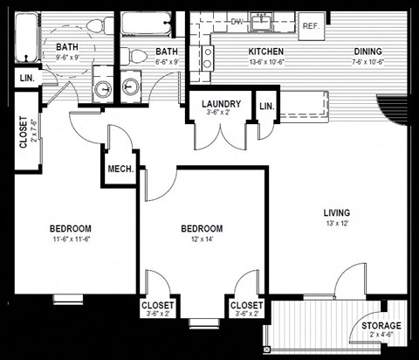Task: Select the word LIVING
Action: [336, 212]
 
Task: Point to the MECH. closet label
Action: [120, 169]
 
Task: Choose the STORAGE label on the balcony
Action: [382, 326]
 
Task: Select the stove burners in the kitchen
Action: [208, 58]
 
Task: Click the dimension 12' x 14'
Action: [202, 239]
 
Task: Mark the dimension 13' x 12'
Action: [336, 224]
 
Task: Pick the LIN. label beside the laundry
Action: [264, 107]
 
